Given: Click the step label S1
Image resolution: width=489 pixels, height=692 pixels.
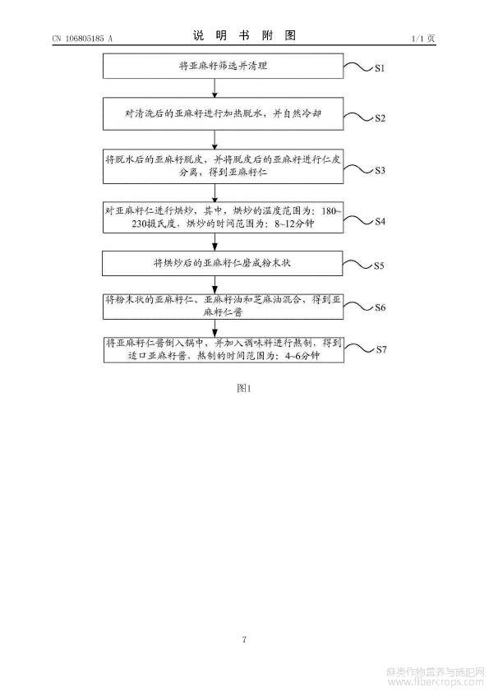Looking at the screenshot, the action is pos(380,68).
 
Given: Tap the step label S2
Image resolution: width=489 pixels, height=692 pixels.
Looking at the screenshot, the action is pos(380,118).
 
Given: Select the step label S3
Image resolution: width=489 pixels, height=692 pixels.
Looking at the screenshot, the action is pos(380,170).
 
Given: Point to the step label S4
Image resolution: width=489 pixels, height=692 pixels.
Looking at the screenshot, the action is pos(380,221).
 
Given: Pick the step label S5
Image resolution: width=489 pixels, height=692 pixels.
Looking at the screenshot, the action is pos(379,265).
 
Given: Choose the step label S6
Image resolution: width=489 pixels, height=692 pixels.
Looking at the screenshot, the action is pos(380,307).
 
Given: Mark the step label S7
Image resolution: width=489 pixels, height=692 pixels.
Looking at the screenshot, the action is pos(381,349).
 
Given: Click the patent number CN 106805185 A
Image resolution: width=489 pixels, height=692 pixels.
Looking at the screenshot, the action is pos(82,39).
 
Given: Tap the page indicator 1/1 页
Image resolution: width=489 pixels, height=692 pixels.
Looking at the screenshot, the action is pos(423,39).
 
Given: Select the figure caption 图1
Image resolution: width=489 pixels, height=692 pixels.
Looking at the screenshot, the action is pos(244,388).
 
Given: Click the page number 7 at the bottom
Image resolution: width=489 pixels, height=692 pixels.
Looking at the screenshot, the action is pos(244,639).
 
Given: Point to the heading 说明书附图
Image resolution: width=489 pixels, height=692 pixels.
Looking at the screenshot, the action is pos(244,35).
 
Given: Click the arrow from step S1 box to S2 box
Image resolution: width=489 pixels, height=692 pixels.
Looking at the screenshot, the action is pos(215,88).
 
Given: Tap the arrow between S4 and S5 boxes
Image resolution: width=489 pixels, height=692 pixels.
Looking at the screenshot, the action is pos(215,242).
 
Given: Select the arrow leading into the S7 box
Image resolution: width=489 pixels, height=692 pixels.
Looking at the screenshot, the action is pos(215,328).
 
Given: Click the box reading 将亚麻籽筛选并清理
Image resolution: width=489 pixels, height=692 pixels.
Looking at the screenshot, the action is pos(223,67).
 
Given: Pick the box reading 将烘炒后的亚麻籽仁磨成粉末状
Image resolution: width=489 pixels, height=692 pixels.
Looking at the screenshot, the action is pos(223,264).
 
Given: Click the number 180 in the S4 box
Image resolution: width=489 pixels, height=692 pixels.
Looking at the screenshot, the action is pos(329,211).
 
